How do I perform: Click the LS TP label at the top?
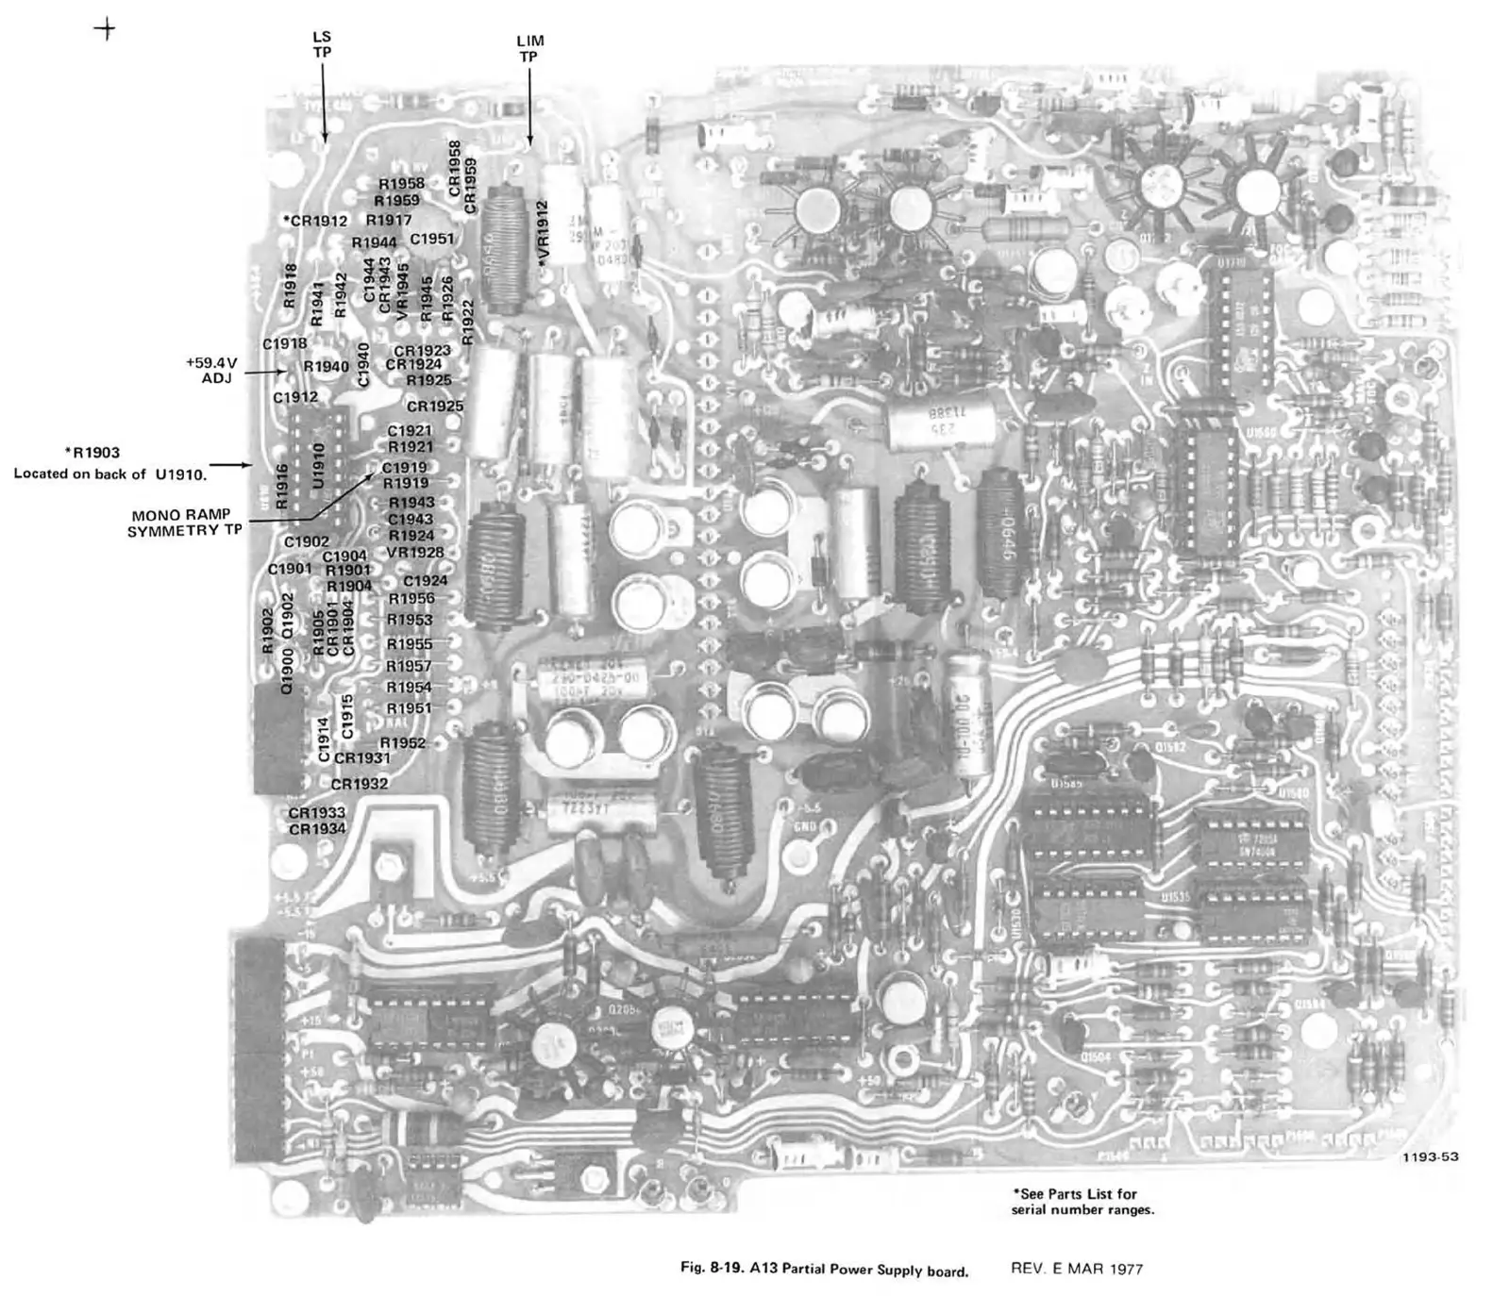322,44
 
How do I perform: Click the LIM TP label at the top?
529,49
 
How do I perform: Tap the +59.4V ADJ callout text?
214,370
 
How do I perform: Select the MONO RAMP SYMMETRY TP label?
184,523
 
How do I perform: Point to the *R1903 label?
92,453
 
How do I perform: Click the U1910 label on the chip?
318,466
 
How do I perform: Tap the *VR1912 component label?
543,233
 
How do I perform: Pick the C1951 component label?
431,239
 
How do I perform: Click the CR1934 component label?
317,829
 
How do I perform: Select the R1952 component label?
403,743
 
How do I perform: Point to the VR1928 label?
414,552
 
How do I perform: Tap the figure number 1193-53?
1430,1156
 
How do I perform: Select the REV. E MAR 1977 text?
1076,1269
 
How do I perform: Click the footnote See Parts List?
1076,1194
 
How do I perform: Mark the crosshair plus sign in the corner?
106,29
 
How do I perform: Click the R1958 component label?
401,184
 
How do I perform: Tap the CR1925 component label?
434,407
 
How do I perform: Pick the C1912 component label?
294,397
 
